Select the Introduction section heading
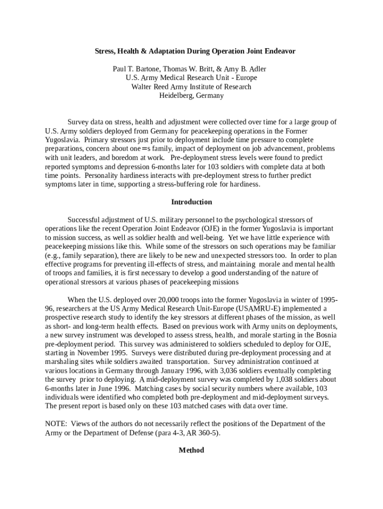[191, 202]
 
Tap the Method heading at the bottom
[191, 450]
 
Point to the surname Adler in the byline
[261, 69]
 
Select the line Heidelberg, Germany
[191, 95]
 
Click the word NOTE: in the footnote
[56, 424]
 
